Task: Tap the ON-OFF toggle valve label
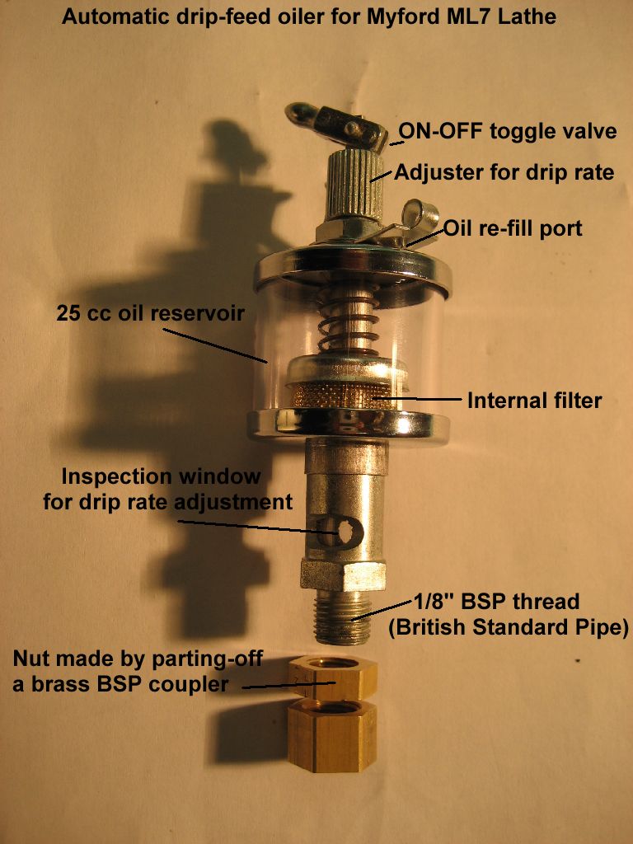tap(507, 131)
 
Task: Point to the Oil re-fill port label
tap(513, 228)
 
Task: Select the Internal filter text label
tap(534, 401)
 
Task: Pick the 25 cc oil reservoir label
tap(150, 313)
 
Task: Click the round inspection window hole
tap(344, 532)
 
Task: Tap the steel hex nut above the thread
tap(343, 575)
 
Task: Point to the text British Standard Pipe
tap(509, 627)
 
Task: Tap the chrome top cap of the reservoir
tap(353, 270)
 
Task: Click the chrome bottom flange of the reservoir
tap(349, 424)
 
